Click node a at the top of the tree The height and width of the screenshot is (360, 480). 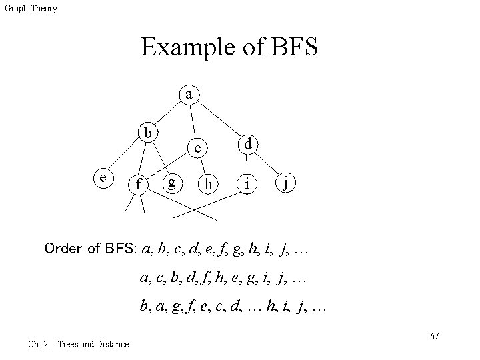coord(190,95)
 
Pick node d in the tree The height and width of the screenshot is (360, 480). coord(247,143)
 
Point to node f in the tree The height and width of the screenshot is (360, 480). coord(137,183)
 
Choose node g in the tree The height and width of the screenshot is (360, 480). coord(172,181)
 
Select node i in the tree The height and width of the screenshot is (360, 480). coord(247,183)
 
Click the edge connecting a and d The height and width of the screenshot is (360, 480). coord(219,119)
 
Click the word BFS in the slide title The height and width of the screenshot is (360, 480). coord(291,47)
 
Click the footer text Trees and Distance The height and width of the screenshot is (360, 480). coord(93,344)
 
